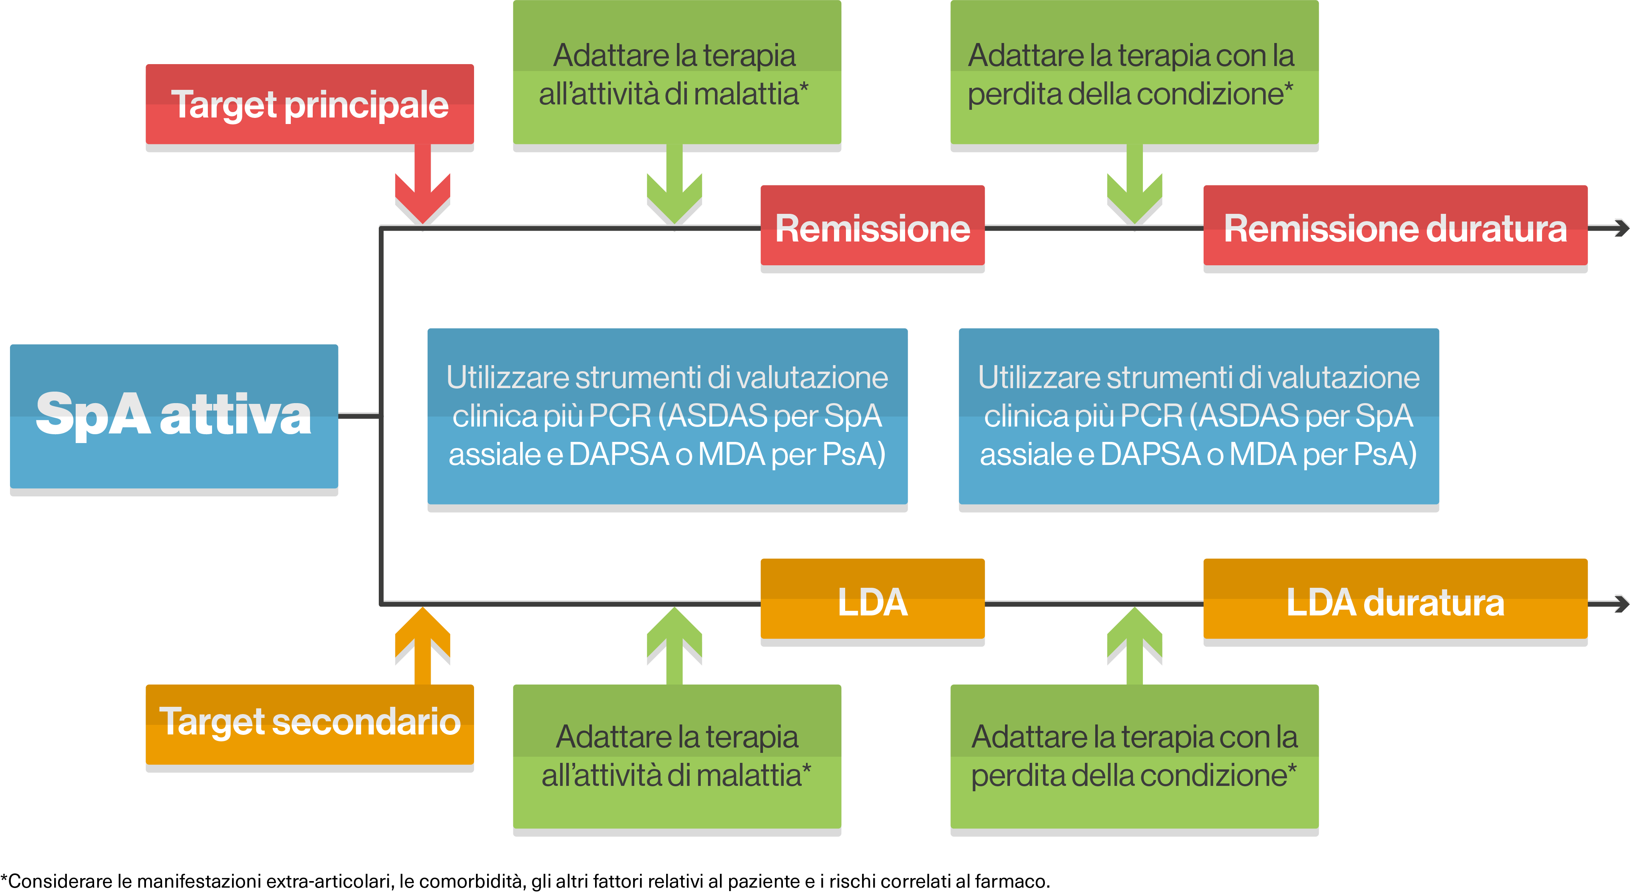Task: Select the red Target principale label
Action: (309, 104)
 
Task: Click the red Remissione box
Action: (872, 226)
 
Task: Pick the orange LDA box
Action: (872, 600)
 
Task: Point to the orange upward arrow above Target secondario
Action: (422, 642)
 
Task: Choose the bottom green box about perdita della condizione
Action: (1134, 756)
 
